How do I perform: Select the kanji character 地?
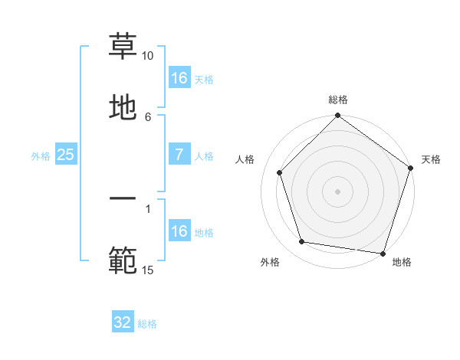(x=123, y=107)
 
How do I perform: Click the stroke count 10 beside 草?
(x=147, y=56)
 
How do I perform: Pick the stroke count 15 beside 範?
(x=147, y=270)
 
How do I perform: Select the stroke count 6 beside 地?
(x=148, y=116)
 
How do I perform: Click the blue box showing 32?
(x=123, y=322)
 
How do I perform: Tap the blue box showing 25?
(x=66, y=155)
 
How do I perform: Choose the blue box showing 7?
(x=179, y=155)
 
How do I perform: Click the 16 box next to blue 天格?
(x=179, y=78)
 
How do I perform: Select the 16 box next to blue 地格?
(x=179, y=231)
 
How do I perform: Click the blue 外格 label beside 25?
(x=41, y=155)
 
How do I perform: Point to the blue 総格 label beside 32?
(x=147, y=324)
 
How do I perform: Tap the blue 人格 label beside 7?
(x=204, y=155)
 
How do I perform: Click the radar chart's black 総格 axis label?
(x=337, y=100)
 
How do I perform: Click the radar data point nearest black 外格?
(x=302, y=242)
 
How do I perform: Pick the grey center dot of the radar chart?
(x=337, y=191)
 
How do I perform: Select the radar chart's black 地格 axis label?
(x=402, y=263)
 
